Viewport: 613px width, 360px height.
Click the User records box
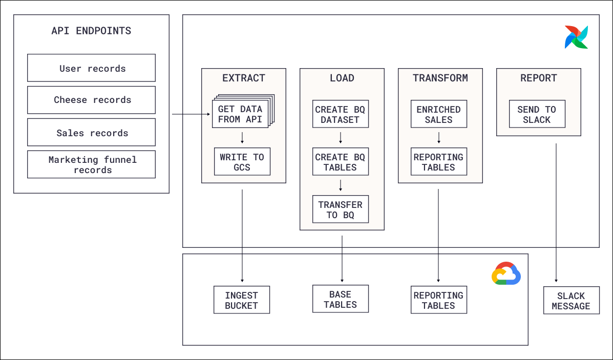pos(91,68)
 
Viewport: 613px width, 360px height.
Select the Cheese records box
pos(91,100)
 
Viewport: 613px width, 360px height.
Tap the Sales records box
pos(91,133)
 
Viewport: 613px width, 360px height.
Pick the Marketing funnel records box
pos(91,164)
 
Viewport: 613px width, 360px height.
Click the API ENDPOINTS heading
pos(91,31)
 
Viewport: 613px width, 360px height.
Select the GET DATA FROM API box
pos(240,114)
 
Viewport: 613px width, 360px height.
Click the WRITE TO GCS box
pos(242,162)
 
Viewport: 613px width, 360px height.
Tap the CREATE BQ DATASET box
pos(340,114)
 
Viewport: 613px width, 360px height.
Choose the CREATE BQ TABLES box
pos(340,162)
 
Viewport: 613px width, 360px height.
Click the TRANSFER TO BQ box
pos(340,209)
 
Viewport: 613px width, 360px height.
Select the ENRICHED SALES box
pos(438,114)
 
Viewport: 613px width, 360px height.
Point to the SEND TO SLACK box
pos(537,114)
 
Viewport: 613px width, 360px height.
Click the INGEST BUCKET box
pos(242,300)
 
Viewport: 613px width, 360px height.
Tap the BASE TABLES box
pos(340,299)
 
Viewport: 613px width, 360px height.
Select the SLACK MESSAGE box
pos(571,301)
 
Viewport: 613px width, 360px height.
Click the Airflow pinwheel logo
pos(576,37)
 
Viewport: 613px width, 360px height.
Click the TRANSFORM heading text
pos(440,78)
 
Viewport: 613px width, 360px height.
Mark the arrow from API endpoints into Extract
pos(191,114)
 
